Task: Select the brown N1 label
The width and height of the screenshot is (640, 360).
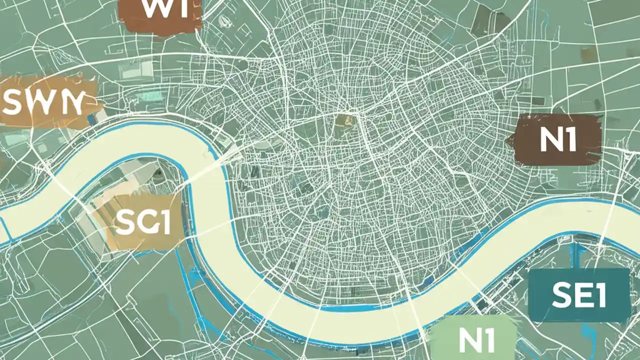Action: coord(557,140)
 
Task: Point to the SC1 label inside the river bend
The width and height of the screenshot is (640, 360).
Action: coord(142,222)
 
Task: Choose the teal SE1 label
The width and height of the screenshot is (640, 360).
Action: coord(579,295)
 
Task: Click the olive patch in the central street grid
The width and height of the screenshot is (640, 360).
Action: coord(343,121)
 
